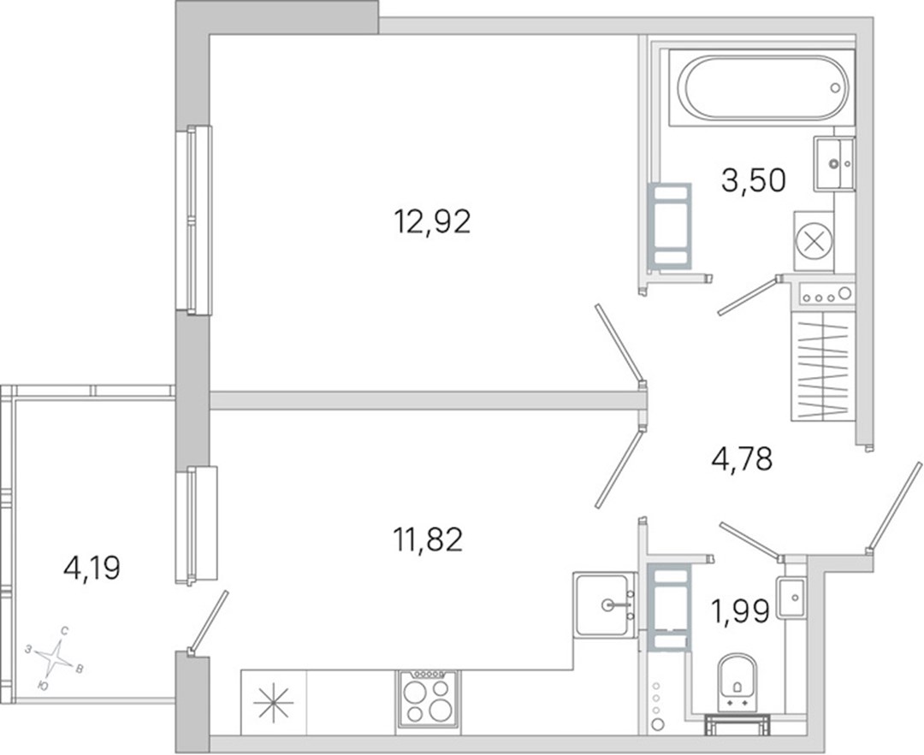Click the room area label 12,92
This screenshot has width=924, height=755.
pos(433,222)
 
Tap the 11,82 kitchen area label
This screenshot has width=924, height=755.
pos(429,540)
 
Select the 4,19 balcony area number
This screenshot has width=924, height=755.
pos(92,569)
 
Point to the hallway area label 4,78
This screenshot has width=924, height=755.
pos(742,459)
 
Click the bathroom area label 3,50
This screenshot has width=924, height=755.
pos(754,180)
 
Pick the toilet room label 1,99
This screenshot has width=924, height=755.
pos(741,612)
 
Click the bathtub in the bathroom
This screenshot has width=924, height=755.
pos(762,88)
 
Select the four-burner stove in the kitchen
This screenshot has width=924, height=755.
pos(429,699)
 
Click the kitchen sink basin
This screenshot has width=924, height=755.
pos(602,605)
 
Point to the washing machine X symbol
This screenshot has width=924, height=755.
pos(813,241)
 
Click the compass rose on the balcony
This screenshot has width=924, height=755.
pos(56,658)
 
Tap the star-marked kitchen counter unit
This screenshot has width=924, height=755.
pos(274,703)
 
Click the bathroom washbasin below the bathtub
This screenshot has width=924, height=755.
pos(834,163)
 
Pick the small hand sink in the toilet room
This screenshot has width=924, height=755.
pos(791,598)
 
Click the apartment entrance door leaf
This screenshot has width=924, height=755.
pos(894,506)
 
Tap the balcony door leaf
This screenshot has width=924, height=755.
pos(208,622)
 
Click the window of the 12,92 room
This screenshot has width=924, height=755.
pos(193,219)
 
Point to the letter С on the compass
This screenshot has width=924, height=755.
pos(64,631)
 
